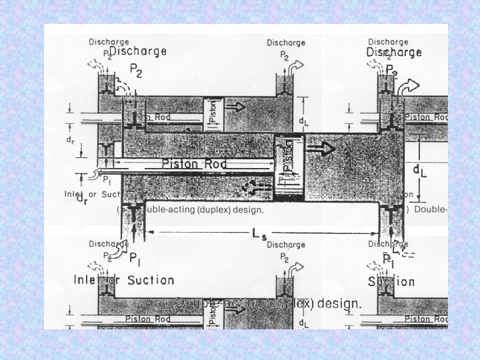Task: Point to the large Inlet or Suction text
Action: (x=124, y=281)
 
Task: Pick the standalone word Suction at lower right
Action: (x=391, y=281)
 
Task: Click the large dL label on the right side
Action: (x=421, y=172)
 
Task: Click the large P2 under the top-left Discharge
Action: (x=136, y=70)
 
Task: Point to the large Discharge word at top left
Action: (x=138, y=51)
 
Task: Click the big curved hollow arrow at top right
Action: (x=410, y=85)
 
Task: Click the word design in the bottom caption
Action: (x=341, y=304)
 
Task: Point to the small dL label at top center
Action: (x=304, y=122)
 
